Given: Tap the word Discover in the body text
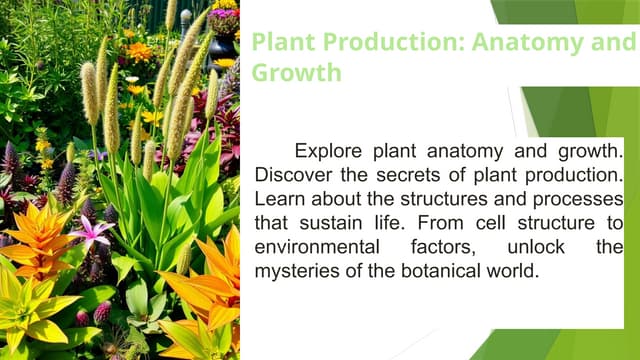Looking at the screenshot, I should [x=292, y=175].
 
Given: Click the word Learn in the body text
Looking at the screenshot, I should [x=279, y=199].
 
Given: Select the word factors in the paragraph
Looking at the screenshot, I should [x=439, y=246].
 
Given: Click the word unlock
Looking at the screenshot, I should [x=534, y=246].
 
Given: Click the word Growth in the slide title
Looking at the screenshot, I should [x=296, y=73].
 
